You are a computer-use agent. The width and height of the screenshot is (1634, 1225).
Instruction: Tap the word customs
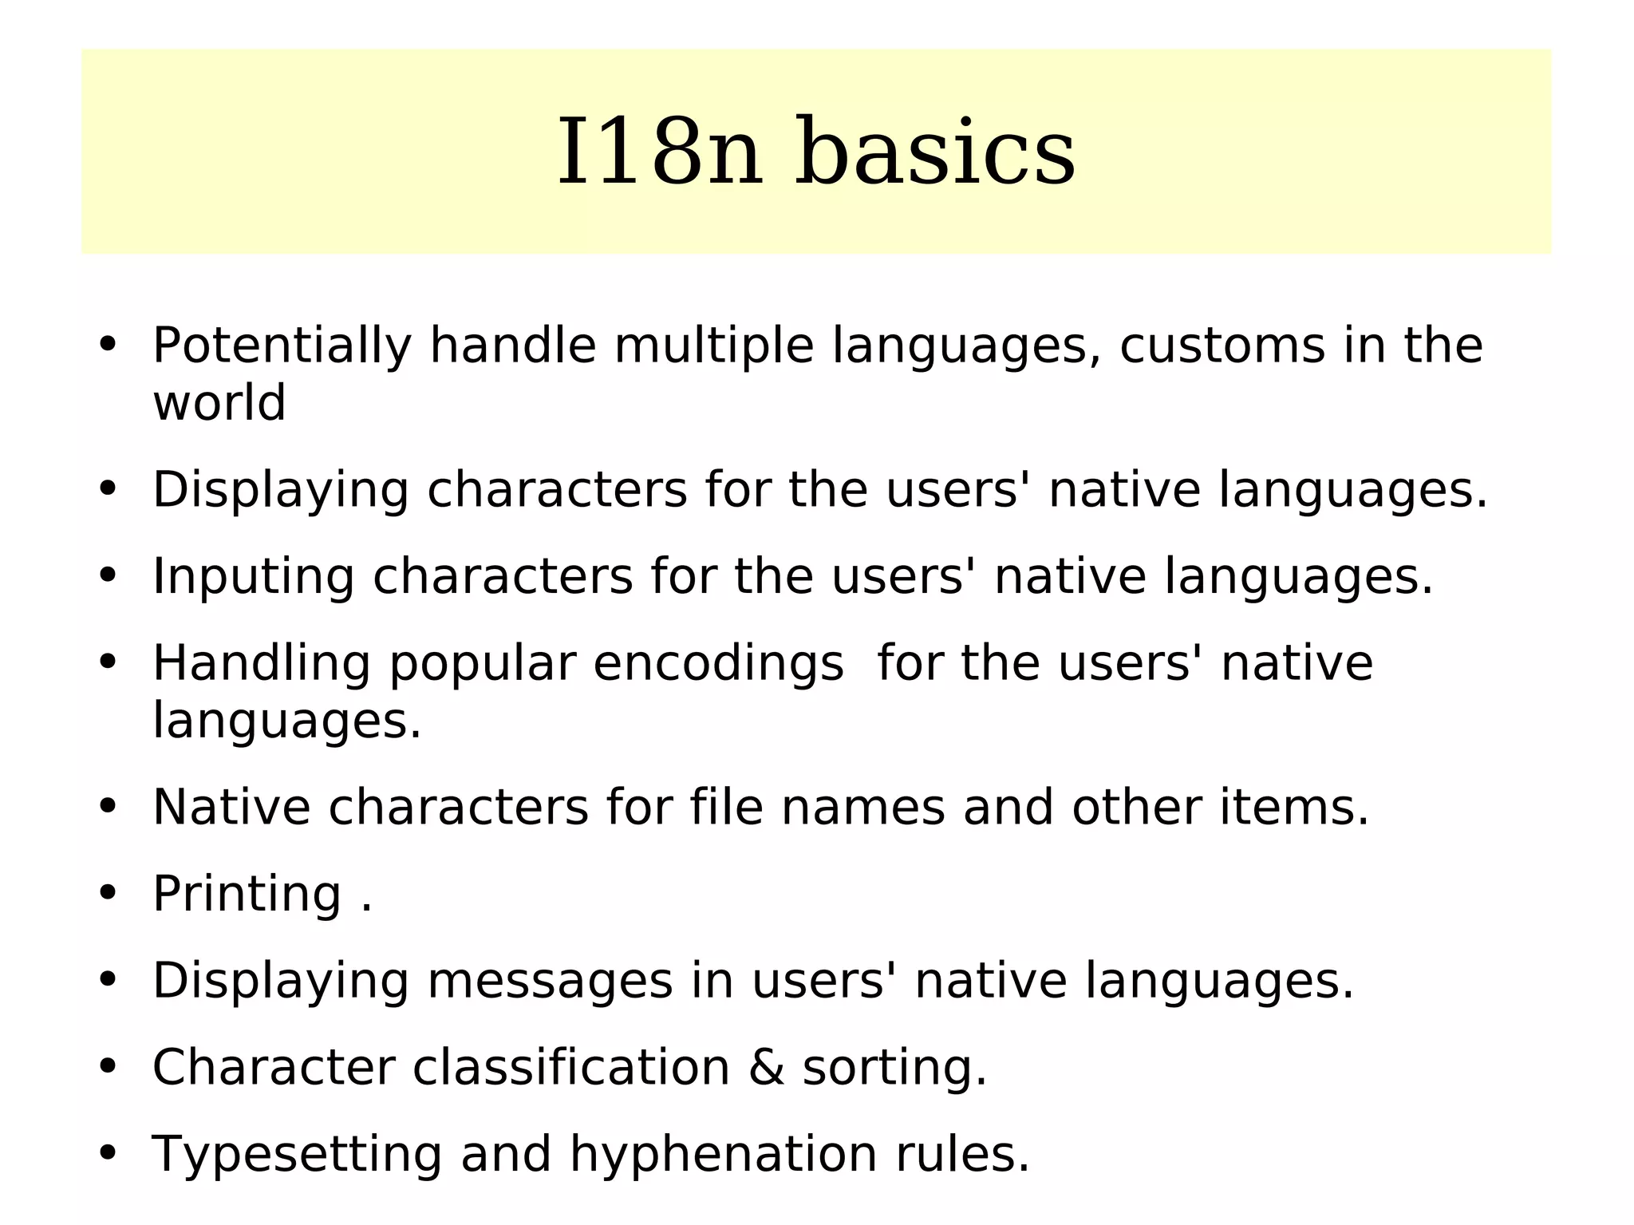coord(1222,346)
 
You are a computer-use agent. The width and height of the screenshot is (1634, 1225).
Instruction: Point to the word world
coord(219,403)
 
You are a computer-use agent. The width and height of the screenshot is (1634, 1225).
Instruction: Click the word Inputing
coord(253,577)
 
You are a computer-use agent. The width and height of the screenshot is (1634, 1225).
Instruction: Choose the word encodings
coord(718,663)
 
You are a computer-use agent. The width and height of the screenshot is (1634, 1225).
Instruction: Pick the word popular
coord(482,665)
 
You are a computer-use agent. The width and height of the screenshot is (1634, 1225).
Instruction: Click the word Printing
coord(247,894)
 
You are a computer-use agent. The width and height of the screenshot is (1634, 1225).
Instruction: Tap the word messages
coord(550,981)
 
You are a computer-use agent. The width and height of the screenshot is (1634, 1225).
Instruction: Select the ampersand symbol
coord(766,1068)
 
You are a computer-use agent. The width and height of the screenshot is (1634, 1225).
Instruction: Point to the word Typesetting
coord(297,1156)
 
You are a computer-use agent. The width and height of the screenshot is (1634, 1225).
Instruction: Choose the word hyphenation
coord(723,1156)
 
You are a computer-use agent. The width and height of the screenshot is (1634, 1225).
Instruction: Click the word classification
coord(571,1068)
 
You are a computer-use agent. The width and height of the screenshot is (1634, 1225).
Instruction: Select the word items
coord(1294,807)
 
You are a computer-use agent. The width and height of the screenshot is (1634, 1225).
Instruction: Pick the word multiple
coord(713,346)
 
